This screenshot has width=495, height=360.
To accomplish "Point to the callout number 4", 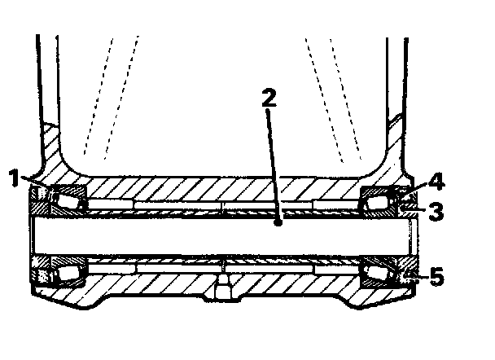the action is click(x=436, y=179).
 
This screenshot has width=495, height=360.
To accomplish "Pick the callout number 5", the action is click(x=436, y=278).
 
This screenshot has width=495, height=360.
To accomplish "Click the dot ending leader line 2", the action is click(x=278, y=221).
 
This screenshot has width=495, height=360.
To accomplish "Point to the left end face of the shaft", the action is click(x=29, y=236).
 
